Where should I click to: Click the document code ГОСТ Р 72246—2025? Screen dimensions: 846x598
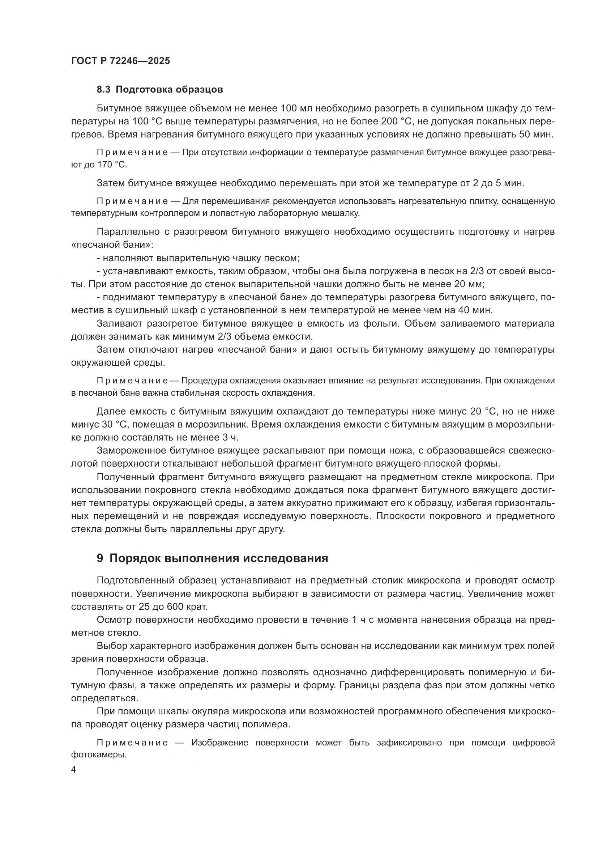pos(120,61)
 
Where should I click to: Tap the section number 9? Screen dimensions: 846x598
pos(100,558)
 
